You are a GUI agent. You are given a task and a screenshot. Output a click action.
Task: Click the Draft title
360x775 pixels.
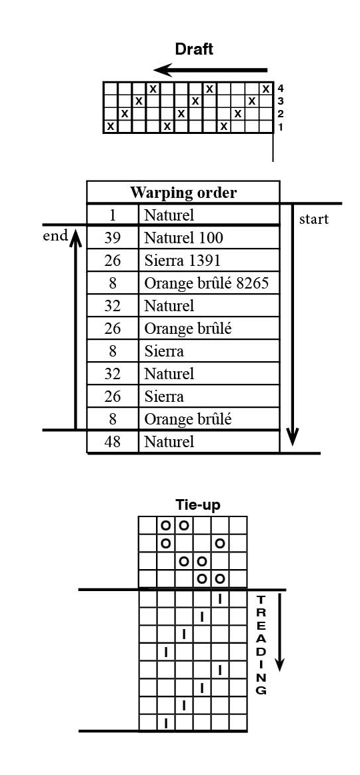(195, 49)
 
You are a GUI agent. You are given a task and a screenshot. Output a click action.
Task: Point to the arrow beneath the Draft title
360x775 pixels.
(211, 70)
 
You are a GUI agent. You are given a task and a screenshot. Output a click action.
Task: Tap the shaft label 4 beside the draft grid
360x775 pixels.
(281, 89)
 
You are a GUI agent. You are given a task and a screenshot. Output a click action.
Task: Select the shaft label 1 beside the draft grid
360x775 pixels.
(281, 127)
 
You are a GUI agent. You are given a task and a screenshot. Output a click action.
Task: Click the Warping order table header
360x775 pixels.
(183, 193)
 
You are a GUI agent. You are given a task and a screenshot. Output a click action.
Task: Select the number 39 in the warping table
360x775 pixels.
(113, 239)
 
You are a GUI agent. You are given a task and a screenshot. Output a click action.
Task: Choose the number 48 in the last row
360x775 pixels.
(113, 441)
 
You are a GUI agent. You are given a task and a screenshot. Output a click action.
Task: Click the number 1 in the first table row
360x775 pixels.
(113, 215)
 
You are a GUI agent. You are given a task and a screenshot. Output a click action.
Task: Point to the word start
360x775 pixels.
(313, 219)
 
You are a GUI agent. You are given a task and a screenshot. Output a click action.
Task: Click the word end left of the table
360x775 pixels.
(55, 236)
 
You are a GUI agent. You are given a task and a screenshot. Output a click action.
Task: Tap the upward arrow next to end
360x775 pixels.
(75, 329)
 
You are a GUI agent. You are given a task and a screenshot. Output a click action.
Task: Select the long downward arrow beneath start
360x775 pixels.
(293, 325)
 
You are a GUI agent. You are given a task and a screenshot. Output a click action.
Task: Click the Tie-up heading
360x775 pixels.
(198, 504)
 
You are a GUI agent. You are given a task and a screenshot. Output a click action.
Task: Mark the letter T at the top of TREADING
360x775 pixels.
(261, 600)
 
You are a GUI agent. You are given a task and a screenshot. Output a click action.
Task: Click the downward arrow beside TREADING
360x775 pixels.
(280, 632)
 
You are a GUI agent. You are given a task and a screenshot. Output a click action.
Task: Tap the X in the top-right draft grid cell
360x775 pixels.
(267, 89)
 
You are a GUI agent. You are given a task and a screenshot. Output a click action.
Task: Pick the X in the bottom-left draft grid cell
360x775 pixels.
(110, 127)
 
